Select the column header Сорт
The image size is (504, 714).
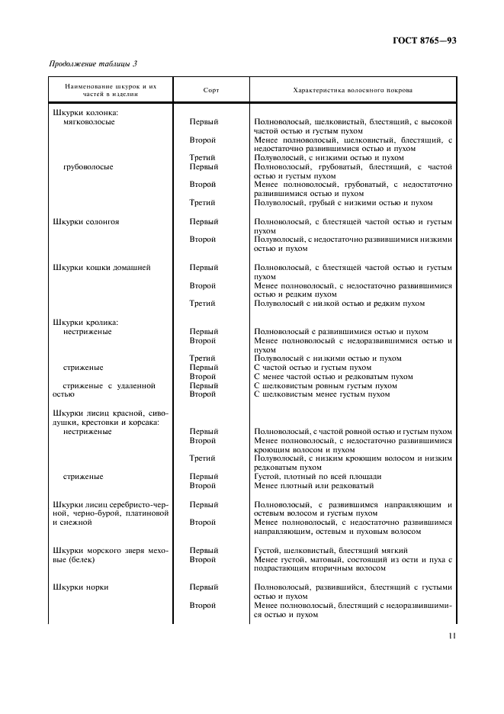tap(211, 90)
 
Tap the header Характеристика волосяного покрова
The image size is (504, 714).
tap(353, 90)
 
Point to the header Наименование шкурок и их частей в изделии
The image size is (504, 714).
tap(111, 90)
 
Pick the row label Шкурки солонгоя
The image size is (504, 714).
tap(85, 222)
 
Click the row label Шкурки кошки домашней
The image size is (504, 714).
tap(101, 268)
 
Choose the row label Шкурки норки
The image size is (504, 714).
tap(81, 587)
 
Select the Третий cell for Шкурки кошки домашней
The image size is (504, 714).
tap(202, 304)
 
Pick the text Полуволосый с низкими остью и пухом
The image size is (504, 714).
tap(327, 359)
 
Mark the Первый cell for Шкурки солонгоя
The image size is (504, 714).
tap(204, 222)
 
